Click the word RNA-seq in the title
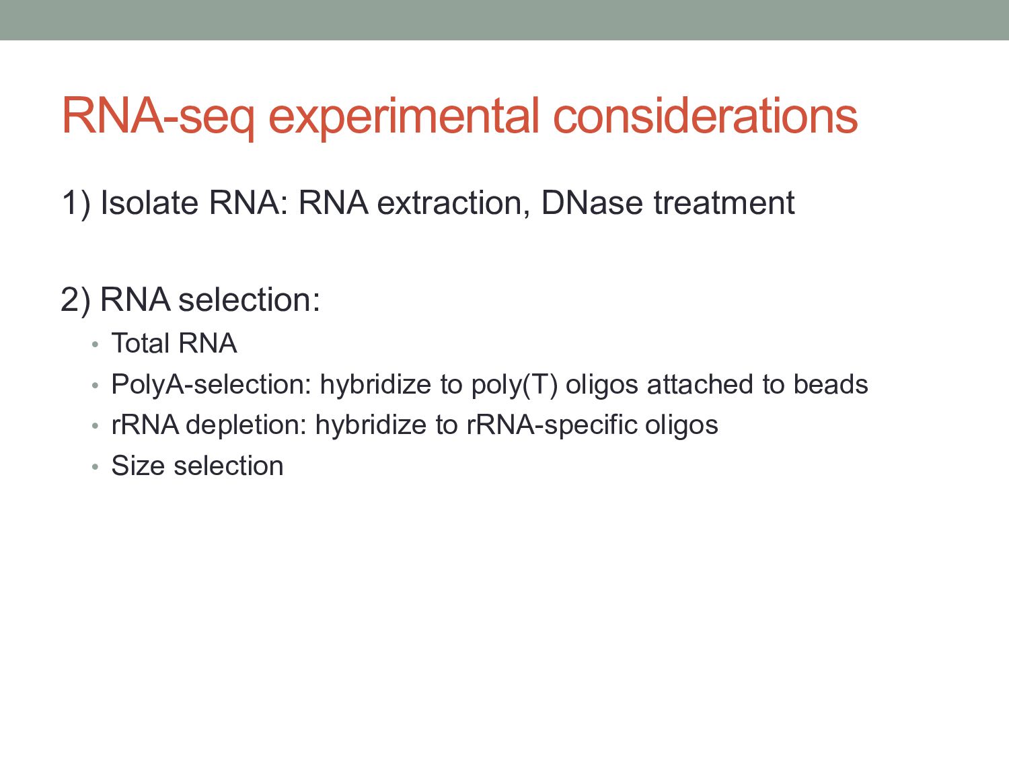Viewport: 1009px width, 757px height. click(x=158, y=117)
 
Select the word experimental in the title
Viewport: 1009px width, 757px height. click(x=404, y=117)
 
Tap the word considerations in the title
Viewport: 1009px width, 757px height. click(x=706, y=115)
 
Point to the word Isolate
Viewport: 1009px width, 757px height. click(x=149, y=203)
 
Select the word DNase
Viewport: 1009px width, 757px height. click(x=592, y=203)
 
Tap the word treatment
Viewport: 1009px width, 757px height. click(x=724, y=203)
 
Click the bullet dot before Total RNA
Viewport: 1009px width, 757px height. click(x=95, y=345)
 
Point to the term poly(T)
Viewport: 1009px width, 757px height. click(x=515, y=385)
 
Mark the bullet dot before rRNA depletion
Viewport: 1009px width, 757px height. click(x=95, y=426)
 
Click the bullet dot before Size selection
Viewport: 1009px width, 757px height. click(x=95, y=467)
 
